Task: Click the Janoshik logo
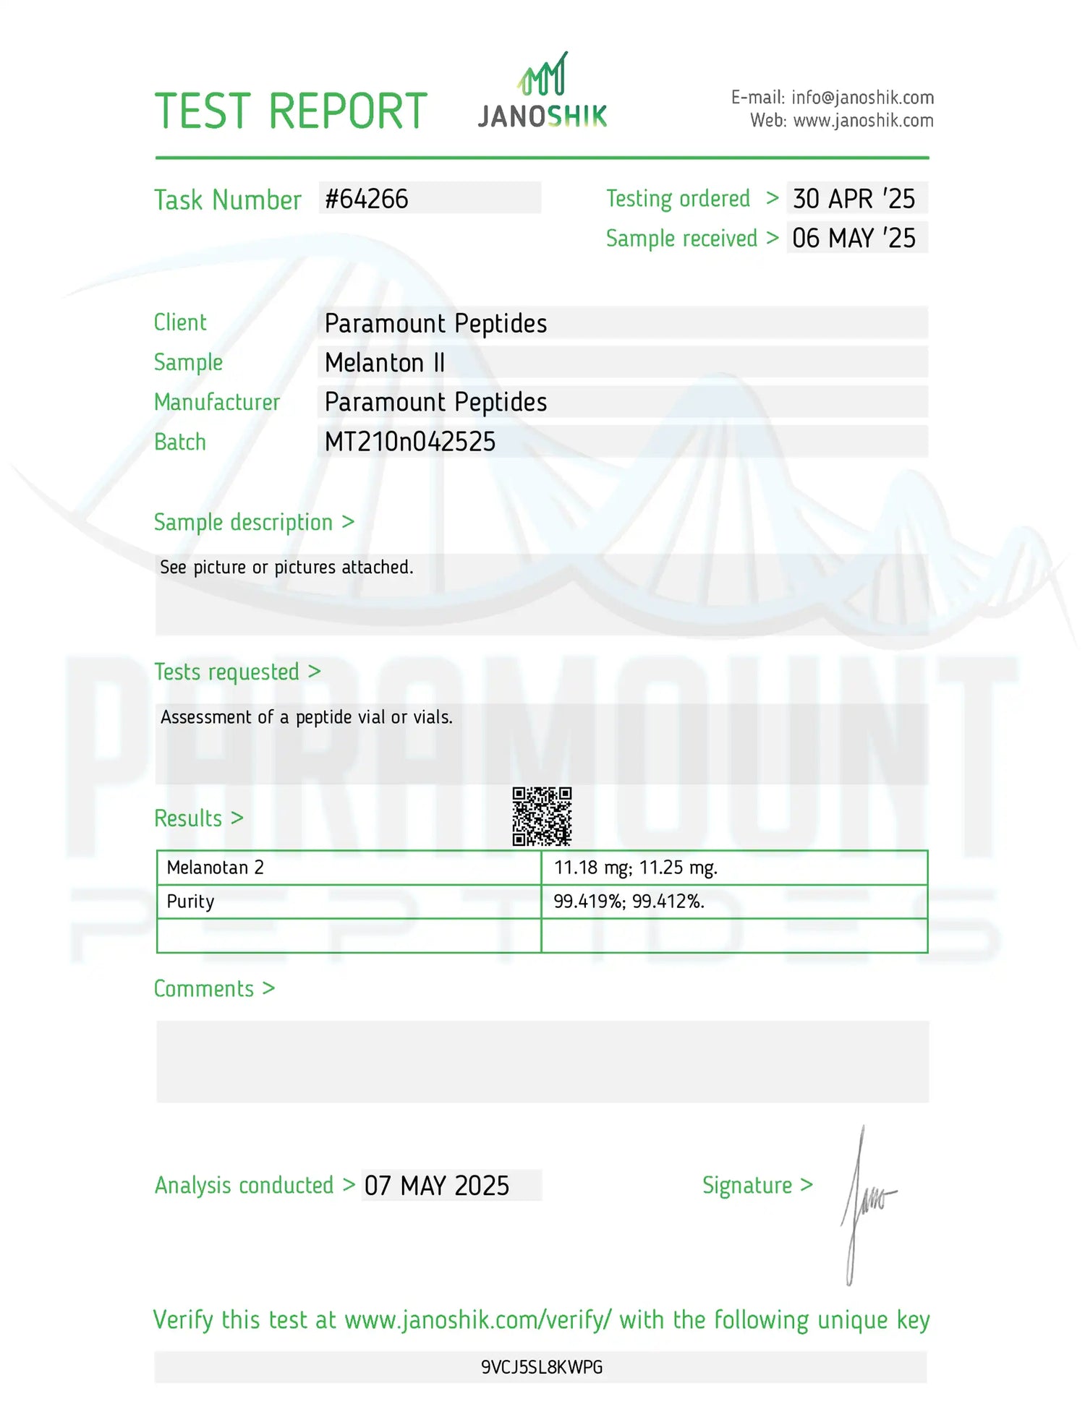[x=542, y=92]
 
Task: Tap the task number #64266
[x=367, y=199]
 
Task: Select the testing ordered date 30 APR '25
[x=854, y=199]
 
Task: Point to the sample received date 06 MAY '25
[x=854, y=238]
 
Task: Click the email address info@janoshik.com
[x=862, y=98]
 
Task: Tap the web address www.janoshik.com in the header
[x=863, y=121]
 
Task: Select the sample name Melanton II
[x=385, y=362]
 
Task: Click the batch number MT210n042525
[x=410, y=442]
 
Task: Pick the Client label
[x=180, y=322]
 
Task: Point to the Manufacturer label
[x=217, y=402]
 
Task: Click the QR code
[x=542, y=816]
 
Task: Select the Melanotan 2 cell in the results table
[x=216, y=868]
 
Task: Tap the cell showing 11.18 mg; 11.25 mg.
[x=636, y=868]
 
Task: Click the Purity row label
[x=191, y=902]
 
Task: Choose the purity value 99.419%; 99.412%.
[x=629, y=902]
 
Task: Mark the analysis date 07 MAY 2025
[x=437, y=1186]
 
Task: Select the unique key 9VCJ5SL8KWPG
[x=542, y=1367]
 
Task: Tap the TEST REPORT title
[x=291, y=111]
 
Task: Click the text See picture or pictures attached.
[x=286, y=568]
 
